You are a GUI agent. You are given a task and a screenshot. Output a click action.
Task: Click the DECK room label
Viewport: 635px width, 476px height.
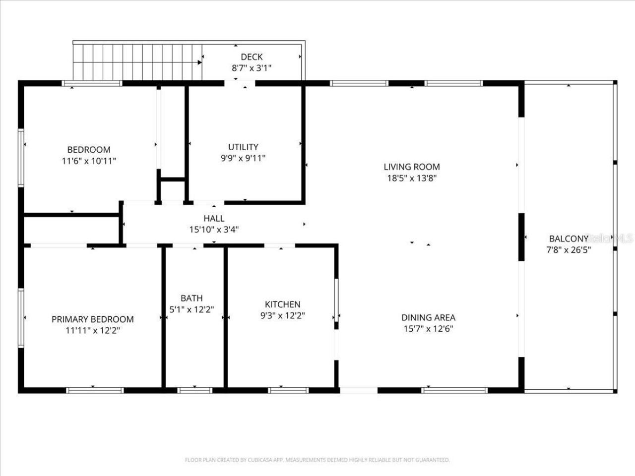[252, 57]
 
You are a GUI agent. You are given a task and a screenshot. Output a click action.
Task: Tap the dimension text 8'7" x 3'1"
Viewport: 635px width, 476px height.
[252, 68]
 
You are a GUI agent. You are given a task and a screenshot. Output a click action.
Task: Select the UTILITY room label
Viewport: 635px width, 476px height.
[243, 147]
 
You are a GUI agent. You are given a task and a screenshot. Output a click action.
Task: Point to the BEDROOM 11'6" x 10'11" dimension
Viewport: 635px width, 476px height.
[89, 161]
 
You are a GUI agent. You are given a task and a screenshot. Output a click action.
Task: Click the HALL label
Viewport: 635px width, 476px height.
[214, 218]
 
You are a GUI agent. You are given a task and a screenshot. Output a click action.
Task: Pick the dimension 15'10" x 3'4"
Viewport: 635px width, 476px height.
[214, 230]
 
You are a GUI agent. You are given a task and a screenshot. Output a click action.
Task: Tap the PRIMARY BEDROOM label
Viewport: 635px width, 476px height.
[92, 319]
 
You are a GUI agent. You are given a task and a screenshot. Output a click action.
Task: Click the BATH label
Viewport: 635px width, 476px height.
[191, 298]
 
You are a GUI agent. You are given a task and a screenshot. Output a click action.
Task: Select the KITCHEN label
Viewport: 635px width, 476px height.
[282, 304]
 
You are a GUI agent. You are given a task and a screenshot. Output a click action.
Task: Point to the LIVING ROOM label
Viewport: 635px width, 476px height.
[412, 167]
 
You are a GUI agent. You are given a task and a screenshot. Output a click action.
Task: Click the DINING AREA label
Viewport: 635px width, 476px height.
[428, 317]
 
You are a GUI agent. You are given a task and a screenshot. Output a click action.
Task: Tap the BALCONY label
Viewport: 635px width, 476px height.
[568, 238]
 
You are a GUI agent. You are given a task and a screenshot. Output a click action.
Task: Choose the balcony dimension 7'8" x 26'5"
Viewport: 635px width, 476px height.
[568, 250]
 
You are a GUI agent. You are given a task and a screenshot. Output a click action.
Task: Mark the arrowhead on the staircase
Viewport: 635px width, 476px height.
[200, 62]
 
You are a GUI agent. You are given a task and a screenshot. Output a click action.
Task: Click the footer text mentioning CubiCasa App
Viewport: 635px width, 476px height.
[317, 460]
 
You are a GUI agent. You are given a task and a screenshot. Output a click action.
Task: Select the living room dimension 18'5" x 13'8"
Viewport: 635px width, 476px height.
[412, 178]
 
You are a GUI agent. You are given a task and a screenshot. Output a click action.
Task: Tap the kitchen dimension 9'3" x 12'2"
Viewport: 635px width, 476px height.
[282, 315]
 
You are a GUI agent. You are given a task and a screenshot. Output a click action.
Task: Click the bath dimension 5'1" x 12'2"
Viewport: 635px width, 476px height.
[191, 309]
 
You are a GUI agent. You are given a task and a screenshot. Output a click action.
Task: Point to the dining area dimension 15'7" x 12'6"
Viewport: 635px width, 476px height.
[428, 329]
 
